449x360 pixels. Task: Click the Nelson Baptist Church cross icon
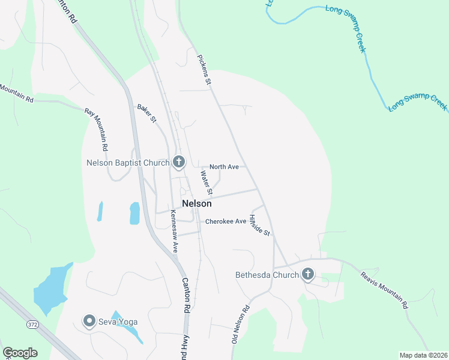[x=178, y=162]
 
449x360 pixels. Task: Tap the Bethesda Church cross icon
[x=308, y=275]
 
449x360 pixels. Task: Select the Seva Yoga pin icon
[x=89, y=322]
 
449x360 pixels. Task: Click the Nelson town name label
[x=196, y=203]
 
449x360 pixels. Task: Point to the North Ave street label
[x=224, y=167]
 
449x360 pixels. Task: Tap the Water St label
[x=206, y=183]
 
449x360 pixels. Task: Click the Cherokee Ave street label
[x=226, y=221]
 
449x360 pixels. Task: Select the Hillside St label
[x=261, y=225]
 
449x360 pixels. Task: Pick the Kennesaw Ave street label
[x=174, y=231]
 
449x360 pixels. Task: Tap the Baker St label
[x=146, y=113]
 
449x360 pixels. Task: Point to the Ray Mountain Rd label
[x=96, y=129]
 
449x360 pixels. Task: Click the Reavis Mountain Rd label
[x=385, y=290]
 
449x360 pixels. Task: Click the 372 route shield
[x=32, y=325]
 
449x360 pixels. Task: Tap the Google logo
[x=20, y=353]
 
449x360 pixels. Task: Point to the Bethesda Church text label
[x=267, y=275]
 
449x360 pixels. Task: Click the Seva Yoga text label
[x=119, y=322]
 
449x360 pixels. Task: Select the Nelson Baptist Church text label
[x=128, y=163]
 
